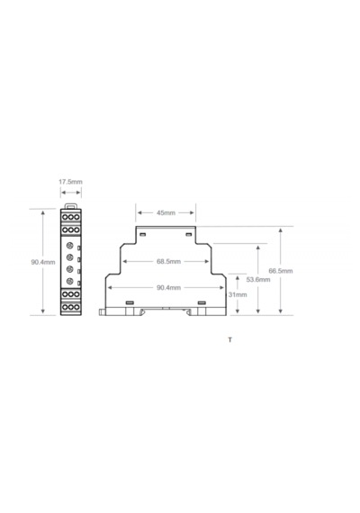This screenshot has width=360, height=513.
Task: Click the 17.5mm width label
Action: [70, 182]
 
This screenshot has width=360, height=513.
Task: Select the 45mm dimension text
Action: [166, 212]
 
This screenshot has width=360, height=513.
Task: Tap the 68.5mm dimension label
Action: [168, 261]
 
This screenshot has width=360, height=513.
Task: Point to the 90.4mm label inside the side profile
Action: [168, 288]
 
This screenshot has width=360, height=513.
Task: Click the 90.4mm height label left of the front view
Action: [43, 262]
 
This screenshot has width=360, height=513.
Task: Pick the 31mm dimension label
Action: [238, 294]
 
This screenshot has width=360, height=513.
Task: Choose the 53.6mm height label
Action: [258, 279]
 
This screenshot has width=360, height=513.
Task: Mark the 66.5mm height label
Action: [281, 271]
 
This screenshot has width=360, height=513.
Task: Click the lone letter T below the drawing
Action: [230, 340]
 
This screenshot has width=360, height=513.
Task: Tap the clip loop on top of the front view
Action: [71, 205]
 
